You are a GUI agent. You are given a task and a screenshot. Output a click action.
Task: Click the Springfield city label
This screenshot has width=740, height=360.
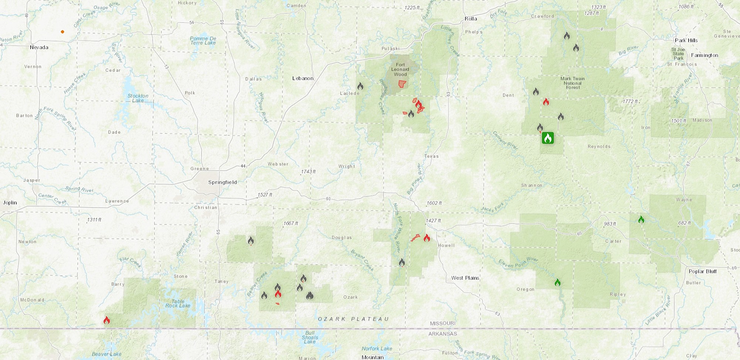222,182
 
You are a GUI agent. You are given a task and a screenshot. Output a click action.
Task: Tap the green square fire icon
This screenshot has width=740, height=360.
548,138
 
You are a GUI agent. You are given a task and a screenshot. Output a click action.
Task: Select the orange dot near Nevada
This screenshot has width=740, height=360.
62,32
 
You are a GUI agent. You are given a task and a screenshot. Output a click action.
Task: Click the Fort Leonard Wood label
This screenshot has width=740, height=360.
400,69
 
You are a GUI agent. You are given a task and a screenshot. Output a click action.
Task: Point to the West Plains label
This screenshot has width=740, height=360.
465,278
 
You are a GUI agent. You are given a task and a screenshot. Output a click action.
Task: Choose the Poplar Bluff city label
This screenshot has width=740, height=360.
702,271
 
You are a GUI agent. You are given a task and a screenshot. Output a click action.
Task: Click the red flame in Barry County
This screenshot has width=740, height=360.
106,320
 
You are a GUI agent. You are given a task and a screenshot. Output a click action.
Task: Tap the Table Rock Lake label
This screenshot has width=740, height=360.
178,303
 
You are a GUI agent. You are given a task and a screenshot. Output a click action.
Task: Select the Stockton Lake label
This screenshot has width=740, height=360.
138,98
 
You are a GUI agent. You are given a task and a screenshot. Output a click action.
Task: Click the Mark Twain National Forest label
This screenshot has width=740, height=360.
573,83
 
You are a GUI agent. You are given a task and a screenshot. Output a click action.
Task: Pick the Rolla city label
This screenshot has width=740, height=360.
471,19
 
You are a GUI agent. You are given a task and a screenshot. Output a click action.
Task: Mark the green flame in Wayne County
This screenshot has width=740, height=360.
641,220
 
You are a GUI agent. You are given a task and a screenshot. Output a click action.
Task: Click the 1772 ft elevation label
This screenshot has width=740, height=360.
631,101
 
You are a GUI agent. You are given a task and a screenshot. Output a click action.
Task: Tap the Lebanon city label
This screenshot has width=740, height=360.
303,78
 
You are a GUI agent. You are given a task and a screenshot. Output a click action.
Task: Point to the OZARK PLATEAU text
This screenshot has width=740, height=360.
353,319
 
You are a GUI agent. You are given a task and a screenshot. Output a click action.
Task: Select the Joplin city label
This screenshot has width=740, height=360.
10,203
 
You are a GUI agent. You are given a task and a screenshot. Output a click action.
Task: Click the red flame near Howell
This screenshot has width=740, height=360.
427,238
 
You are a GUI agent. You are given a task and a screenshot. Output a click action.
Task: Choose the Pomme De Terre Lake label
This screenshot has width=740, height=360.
203,41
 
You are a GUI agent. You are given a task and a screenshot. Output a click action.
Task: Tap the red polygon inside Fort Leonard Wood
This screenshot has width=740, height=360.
402,84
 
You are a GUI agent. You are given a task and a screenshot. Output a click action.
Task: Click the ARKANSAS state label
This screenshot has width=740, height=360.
442,334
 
